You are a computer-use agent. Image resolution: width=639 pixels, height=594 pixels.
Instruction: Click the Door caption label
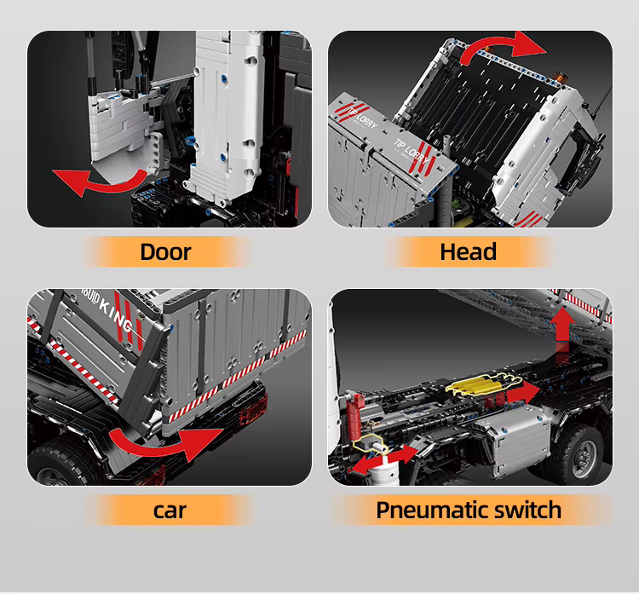[x=165, y=251]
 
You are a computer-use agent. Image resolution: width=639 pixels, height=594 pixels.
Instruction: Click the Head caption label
[x=469, y=251]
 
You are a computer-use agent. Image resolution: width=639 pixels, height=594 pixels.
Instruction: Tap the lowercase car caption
[x=170, y=510]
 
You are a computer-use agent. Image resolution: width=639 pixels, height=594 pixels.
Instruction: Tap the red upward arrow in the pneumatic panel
[x=562, y=331]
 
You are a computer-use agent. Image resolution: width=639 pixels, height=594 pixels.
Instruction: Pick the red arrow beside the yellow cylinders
[x=521, y=392]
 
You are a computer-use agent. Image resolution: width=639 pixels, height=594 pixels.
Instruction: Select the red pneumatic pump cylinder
[x=354, y=416]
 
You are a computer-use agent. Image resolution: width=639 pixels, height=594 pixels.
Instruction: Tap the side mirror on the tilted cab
[x=588, y=162]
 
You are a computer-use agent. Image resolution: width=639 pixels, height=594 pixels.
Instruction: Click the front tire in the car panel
[x=61, y=464]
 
